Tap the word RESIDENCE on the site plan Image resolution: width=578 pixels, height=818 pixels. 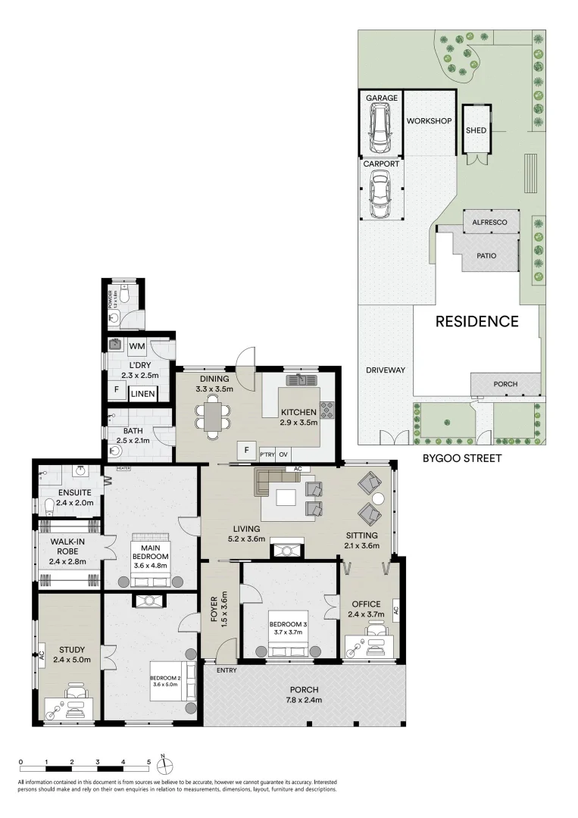(476, 321)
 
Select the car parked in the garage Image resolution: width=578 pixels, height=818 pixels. (380, 128)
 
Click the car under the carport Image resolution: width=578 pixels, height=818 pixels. (380, 193)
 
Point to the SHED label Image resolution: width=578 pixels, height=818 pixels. (476, 130)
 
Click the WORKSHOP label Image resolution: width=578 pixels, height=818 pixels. (429, 121)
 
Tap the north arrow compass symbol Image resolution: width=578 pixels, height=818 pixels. (168, 762)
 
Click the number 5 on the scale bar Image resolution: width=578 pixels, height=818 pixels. (148, 761)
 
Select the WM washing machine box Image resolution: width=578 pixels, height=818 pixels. (137, 346)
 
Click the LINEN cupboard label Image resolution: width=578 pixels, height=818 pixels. (142, 394)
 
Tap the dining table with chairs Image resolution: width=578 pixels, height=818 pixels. (214, 417)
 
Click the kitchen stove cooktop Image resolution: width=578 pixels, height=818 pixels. (328, 411)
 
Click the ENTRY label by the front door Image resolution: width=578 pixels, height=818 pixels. (226, 670)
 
